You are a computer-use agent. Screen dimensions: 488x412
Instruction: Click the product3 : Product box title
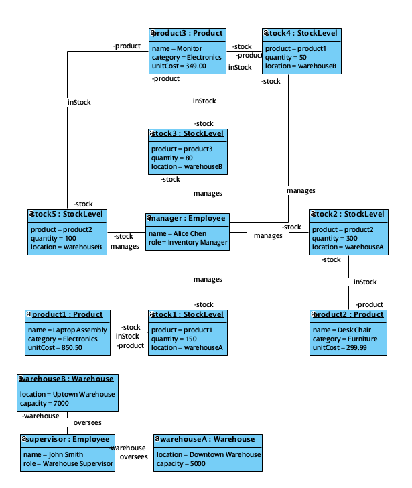tap(188, 34)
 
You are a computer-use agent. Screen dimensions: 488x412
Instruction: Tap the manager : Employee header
tap(188, 219)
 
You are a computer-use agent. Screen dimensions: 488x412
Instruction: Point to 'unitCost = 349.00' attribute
tap(179, 66)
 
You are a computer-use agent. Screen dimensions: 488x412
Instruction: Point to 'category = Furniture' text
tap(340, 339)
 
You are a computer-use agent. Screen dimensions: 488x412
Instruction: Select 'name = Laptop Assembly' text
tap(68, 330)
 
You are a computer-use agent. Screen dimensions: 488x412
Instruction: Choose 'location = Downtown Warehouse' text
tap(208, 455)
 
